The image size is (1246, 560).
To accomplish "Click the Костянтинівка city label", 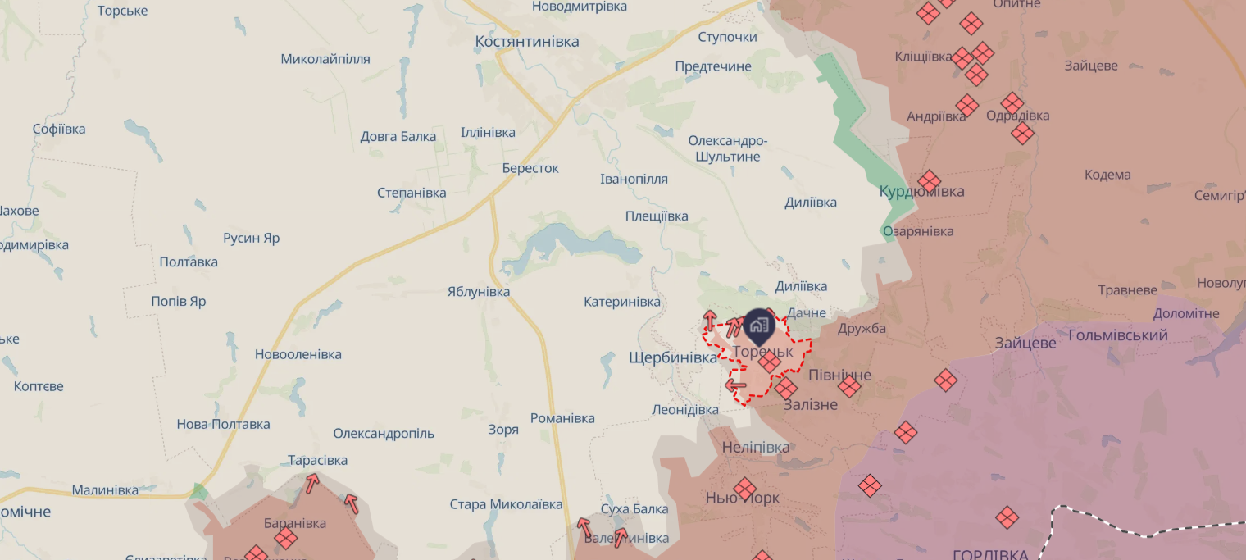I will tap(527, 42).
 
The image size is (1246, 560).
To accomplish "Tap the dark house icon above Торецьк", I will tap(759, 326).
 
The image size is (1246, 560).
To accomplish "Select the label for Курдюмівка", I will tap(921, 192).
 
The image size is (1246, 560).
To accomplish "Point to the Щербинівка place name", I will tap(672, 357).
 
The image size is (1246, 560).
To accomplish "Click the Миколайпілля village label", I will tap(325, 59).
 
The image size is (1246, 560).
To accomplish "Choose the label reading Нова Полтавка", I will tap(223, 425).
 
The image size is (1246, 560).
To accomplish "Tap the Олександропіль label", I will tap(384, 434).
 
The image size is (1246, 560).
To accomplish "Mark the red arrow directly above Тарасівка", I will tap(311, 483).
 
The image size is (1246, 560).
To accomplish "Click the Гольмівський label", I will tap(1118, 335).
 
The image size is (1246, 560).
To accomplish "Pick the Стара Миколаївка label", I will tap(506, 504).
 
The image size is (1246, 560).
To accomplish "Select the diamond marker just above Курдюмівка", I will tap(929, 181).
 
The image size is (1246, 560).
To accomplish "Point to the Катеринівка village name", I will tap(621, 302).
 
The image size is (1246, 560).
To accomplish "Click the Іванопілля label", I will tap(634, 179).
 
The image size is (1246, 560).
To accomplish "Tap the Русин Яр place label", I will tap(251, 239).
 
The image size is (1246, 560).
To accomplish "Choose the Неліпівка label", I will tap(756, 448).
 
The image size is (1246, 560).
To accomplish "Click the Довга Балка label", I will tap(398, 136).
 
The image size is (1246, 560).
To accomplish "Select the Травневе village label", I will tap(1127, 290).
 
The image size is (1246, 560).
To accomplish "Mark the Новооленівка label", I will tap(298, 355).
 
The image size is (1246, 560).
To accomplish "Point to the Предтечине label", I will tap(712, 66).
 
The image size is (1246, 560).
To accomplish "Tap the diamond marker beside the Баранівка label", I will tap(285, 539).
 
